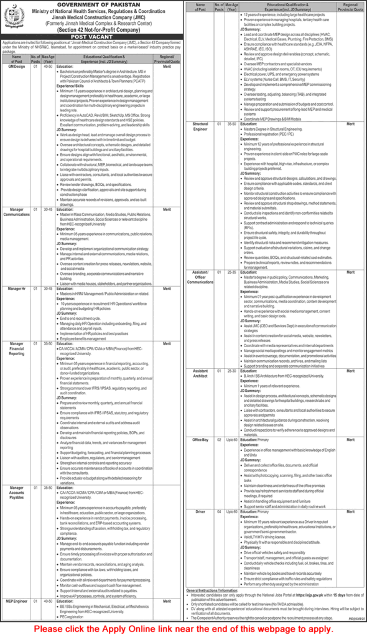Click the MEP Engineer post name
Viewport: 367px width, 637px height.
[16, 602]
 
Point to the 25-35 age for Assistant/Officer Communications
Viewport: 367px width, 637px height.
[231, 272]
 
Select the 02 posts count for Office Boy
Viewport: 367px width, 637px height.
[218, 439]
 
